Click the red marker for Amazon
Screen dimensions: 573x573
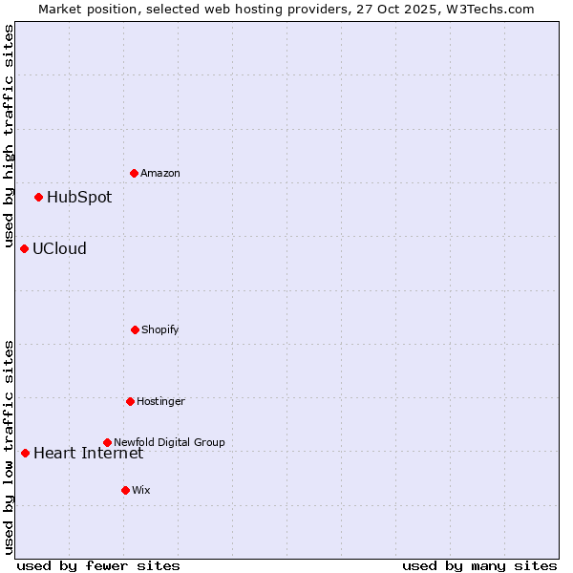(x=134, y=173)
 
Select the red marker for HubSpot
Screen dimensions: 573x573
(x=38, y=197)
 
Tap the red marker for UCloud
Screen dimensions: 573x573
(x=24, y=248)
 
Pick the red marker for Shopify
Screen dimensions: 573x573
(x=135, y=329)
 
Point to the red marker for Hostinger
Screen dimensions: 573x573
(x=130, y=401)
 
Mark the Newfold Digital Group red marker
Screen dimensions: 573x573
(x=107, y=442)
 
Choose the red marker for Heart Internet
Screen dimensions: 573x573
(x=25, y=453)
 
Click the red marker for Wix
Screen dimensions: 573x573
(x=125, y=490)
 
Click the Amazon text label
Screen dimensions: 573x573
(x=160, y=173)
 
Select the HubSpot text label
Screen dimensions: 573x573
(x=79, y=198)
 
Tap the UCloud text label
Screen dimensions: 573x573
(x=59, y=249)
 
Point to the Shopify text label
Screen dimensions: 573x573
(x=160, y=329)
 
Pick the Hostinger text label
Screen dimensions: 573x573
(x=160, y=401)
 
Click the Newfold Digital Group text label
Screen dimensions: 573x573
(x=169, y=442)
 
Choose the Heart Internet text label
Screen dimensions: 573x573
(x=88, y=453)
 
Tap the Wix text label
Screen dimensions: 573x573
(x=141, y=490)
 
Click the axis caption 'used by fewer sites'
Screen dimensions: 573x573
(x=98, y=566)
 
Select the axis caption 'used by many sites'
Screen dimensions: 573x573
(x=479, y=566)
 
